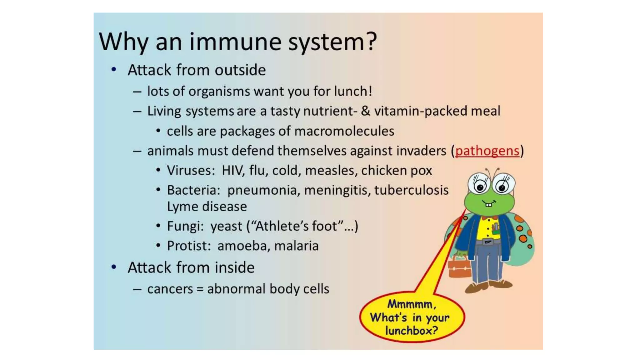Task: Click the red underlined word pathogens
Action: click(x=487, y=151)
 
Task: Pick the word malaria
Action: click(x=296, y=246)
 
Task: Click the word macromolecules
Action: click(x=344, y=131)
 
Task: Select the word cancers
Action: click(x=170, y=289)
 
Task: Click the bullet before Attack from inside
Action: click(x=114, y=267)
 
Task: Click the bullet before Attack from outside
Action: click(x=114, y=70)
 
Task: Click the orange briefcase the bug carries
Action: click(x=459, y=268)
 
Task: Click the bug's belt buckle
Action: click(x=487, y=242)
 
